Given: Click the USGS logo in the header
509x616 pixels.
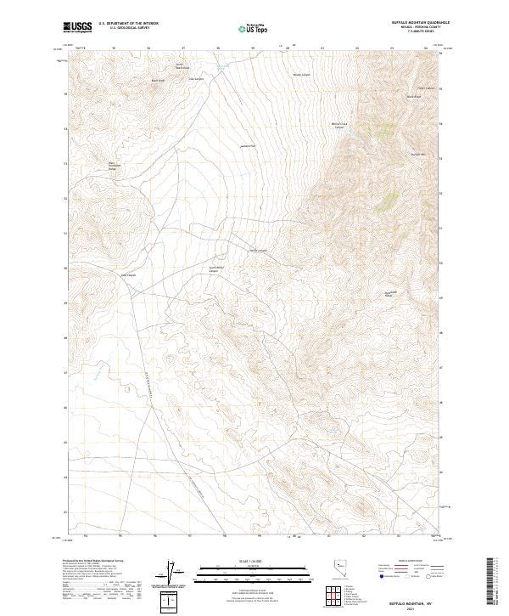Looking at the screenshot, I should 77,28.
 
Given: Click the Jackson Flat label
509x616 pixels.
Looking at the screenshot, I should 248,145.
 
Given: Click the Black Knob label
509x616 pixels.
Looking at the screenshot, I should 157,81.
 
